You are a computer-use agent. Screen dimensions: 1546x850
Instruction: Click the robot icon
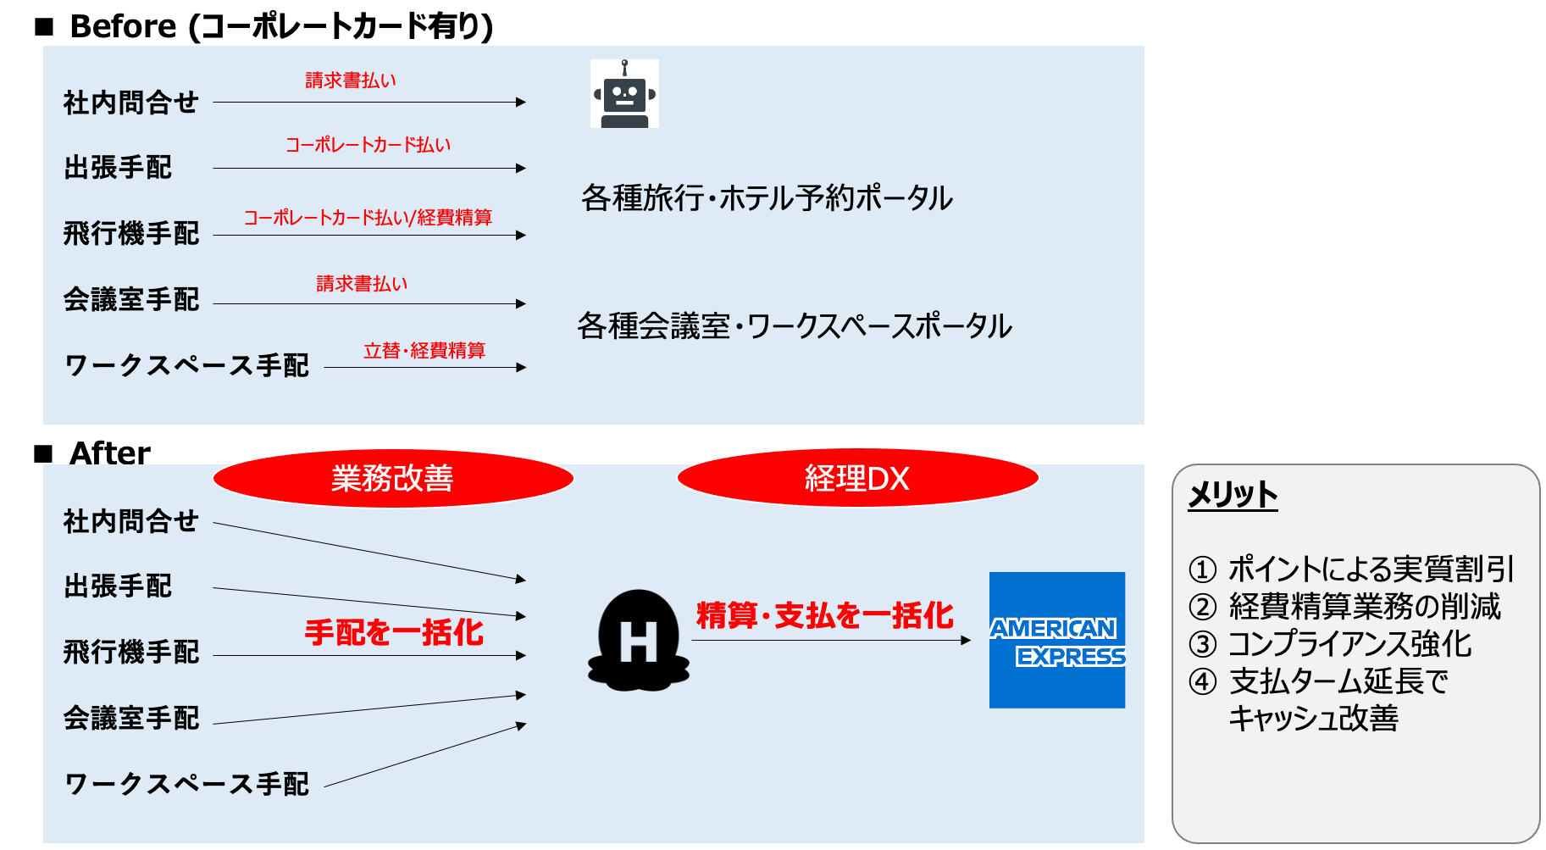click(624, 94)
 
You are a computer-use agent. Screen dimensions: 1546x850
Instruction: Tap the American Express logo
click(1056, 640)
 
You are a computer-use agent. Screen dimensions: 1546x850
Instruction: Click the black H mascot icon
click(639, 641)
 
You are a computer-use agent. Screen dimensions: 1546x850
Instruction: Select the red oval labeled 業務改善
click(393, 479)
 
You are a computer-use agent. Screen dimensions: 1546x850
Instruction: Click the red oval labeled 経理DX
click(857, 479)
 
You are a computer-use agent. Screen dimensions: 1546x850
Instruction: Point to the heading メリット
click(1233, 495)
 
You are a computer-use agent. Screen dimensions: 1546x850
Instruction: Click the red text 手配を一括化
click(394, 632)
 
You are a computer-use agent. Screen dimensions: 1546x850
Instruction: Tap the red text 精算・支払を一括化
click(824, 616)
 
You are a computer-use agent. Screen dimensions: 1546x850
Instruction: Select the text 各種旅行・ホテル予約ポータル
click(767, 198)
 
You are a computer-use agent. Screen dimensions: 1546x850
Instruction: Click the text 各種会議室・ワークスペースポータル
click(795, 326)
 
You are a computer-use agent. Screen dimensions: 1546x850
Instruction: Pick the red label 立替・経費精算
click(424, 351)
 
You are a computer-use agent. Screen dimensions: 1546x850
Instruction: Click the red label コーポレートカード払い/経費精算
click(368, 218)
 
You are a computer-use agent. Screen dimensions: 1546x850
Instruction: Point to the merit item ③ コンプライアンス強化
click(1330, 644)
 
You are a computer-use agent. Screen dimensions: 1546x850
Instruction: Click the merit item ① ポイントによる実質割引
click(1351, 569)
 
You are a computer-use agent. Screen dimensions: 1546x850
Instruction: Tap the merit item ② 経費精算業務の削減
click(1344, 607)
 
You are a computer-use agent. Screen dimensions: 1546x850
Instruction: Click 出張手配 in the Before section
click(118, 168)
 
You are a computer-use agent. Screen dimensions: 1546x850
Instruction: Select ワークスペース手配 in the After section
click(186, 784)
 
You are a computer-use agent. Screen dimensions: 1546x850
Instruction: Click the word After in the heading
click(110, 453)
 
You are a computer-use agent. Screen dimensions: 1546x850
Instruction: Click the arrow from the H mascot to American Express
click(830, 641)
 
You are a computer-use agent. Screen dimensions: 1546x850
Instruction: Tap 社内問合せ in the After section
click(130, 521)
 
